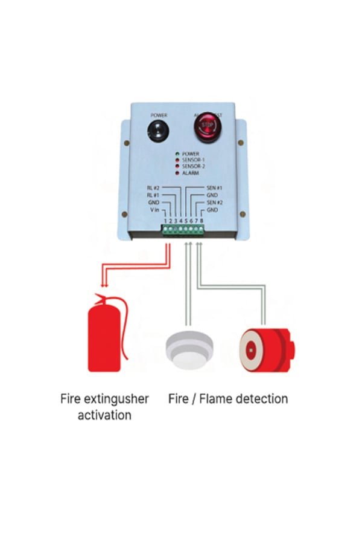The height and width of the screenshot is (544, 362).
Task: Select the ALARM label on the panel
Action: coord(190,173)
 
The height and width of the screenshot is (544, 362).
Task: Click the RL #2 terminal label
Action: coord(153,187)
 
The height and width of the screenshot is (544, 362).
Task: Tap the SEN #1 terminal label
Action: coord(215,187)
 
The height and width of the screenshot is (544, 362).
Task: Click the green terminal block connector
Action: coord(183,230)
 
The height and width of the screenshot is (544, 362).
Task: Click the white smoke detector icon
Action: coord(188,348)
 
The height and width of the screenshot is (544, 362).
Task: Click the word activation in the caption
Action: coord(104,415)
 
